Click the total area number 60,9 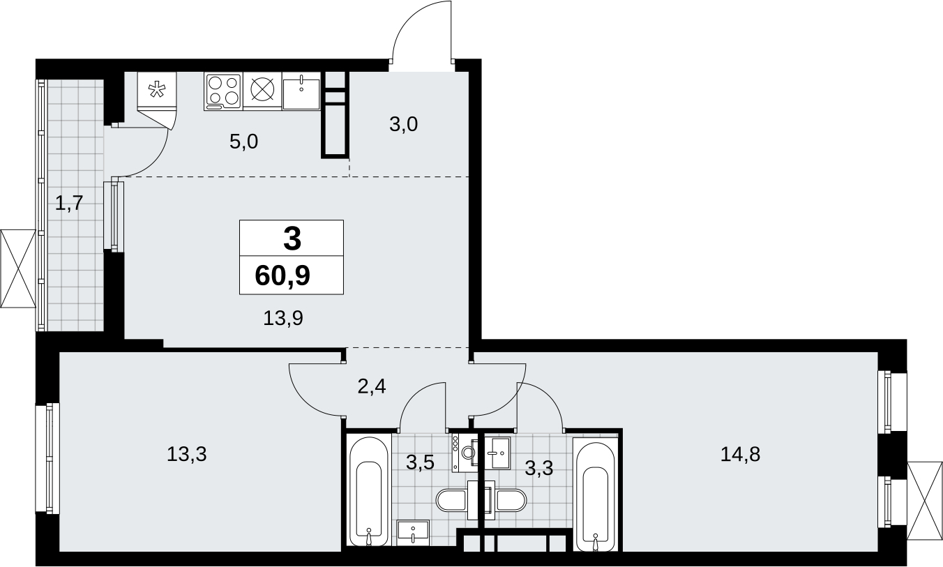[282, 276]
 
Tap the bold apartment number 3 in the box [292, 238]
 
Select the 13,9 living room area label [283, 318]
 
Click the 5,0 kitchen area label [243, 142]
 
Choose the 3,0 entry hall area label [403, 124]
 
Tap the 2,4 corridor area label [372, 386]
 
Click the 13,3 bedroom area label [187, 454]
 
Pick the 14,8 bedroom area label [741, 454]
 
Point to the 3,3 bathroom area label [539, 468]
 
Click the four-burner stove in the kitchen [223, 92]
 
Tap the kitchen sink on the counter [301, 91]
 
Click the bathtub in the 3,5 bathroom [369, 491]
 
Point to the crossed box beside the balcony [18, 269]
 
